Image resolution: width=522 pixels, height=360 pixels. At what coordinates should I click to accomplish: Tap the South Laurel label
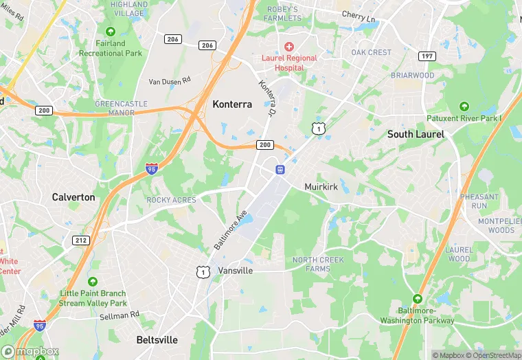(416, 134)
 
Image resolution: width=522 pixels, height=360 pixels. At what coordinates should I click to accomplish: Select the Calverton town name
(73, 197)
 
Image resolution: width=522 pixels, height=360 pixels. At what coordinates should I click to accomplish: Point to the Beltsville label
(157, 340)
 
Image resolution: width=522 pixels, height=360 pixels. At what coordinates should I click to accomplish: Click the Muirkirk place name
(321, 187)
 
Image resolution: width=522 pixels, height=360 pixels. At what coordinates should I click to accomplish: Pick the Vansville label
(236, 271)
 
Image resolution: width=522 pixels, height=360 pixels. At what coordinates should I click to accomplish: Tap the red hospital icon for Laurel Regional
(289, 46)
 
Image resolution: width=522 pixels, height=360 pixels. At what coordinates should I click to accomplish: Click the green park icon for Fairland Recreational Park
(111, 32)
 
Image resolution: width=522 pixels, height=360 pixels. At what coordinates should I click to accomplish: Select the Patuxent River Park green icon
(464, 106)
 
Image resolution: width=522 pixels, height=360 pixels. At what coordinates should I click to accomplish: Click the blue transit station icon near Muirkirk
(280, 169)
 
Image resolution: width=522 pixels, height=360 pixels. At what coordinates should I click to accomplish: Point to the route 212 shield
(81, 240)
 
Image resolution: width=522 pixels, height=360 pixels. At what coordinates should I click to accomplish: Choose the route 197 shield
(427, 56)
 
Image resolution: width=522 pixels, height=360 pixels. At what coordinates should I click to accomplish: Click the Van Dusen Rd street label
(170, 82)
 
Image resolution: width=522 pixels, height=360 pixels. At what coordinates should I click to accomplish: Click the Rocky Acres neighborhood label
(171, 200)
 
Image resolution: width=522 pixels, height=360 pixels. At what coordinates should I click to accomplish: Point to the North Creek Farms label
(318, 264)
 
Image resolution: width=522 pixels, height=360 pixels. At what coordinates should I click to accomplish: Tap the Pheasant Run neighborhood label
(479, 201)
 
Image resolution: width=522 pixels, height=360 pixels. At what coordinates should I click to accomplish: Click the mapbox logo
(30, 351)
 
